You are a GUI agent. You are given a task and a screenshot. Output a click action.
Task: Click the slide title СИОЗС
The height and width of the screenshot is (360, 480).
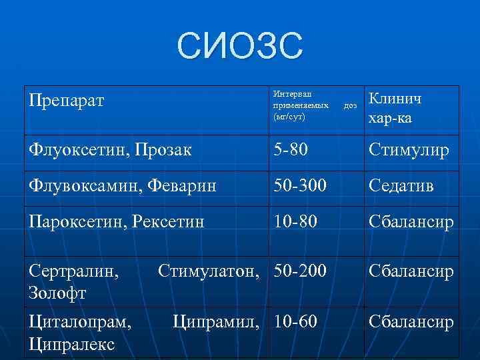click(240, 46)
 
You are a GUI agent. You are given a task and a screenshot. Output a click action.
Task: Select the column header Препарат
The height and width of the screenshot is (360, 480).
click(67, 103)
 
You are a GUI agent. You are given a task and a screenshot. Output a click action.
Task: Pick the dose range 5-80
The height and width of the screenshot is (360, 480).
click(291, 150)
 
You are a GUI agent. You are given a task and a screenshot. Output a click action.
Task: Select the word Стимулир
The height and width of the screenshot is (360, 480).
click(409, 150)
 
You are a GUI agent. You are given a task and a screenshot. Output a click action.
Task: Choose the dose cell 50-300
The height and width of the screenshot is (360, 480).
click(299, 185)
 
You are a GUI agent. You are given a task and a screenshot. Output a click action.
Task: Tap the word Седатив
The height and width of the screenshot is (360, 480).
click(401, 185)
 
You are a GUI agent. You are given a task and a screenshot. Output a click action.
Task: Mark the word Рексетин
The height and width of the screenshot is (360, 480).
click(172, 221)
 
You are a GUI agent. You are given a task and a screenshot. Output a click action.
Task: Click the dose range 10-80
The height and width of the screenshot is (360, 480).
click(295, 221)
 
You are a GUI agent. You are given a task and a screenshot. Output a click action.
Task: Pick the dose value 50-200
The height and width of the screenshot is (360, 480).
click(299, 271)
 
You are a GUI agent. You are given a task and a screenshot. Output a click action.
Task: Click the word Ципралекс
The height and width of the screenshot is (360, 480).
click(72, 343)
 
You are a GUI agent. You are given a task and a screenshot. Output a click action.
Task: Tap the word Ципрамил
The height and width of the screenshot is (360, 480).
click(220, 323)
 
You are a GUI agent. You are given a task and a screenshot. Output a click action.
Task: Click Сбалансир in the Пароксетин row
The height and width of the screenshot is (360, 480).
click(411, 221)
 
